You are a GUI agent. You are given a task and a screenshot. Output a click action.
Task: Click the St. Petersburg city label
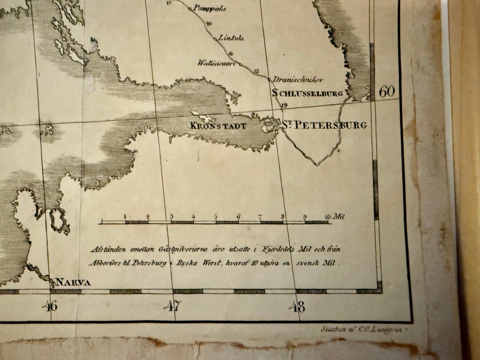pyautogui.click(x=323, y=125)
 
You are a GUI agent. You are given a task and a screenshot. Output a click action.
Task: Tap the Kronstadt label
pyautogui.click(x=218, y=126)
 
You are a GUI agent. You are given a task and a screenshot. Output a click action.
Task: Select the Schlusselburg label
pyautogui.click(x=307, y=93)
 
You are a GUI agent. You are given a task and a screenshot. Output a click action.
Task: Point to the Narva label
pyautogui.click(x=73, y=282)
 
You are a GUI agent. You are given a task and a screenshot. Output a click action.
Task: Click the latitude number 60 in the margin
pyautogui.click(x=386, y=91)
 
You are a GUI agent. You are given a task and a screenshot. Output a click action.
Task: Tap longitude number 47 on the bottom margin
pyautogui.click(x=172, y=305)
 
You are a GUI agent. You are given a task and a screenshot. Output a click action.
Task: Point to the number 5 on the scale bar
pyautogui.click(x=216, y=217)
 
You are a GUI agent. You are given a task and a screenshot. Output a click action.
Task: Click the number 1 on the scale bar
pyautogui.click(x=125, y=216)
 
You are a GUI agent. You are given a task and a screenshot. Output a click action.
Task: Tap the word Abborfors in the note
pyautogui.click(x=103, y=262)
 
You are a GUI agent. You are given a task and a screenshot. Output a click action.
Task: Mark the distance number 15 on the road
pyautogui.click(x=256, y=71)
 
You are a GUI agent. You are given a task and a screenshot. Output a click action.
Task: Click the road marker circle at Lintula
pyautogui.click(x=215, y=38)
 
